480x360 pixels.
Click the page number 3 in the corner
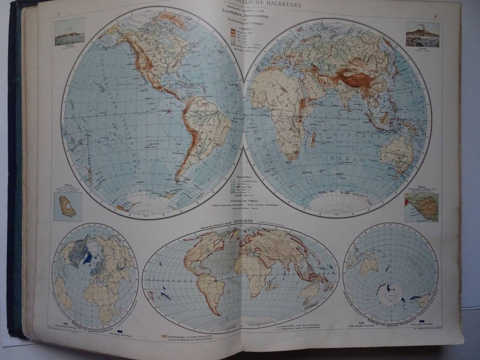(58, 14)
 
